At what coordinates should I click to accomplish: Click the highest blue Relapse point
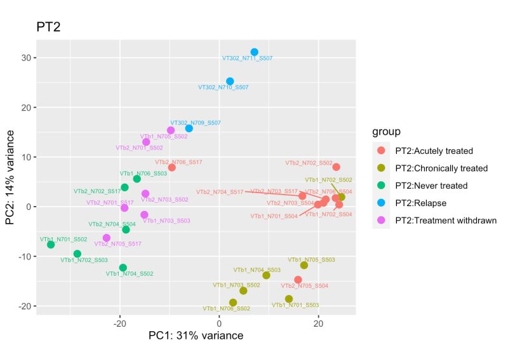pyautogui.click(x=255, y=52)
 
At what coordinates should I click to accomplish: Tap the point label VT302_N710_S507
pyautogui.click(x=224, y=87)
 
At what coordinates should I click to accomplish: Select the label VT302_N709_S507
pyautogui.click(x=196, y=123)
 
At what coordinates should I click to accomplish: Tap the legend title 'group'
pyautogui.click(x=387, y=132)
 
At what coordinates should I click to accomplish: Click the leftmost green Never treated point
pyautogui.click(x=51, y=245)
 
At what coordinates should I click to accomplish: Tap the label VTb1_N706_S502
pyautogui.click(x=226, y=308)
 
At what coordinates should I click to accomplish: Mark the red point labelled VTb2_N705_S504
pyautogui.click(x=298, y=280)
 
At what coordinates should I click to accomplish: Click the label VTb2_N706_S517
pyautogui.click(x=178, y=162)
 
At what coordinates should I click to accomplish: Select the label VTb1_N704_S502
pyautogui.click(x=130, y=273)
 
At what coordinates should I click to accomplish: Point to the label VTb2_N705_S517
pyautogui.click(x=117, y=243)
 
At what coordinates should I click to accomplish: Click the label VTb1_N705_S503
pyautogui.click(x=311, y=259)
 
